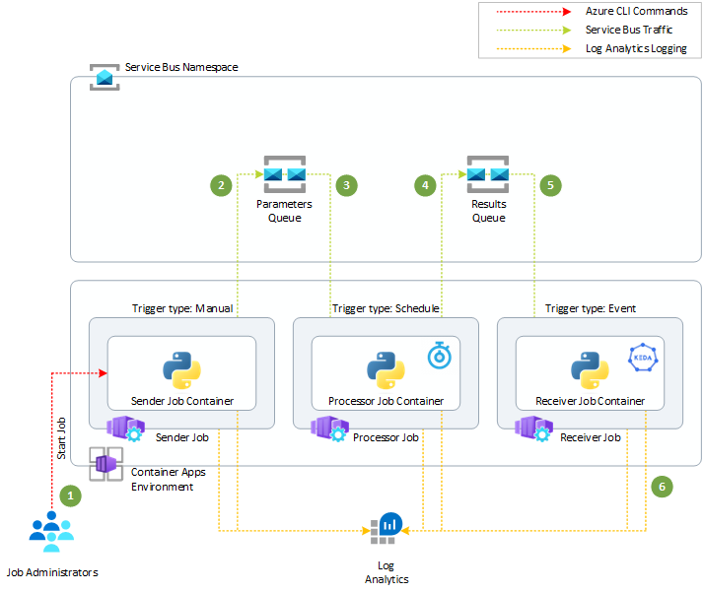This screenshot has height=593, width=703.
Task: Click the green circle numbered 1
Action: coord(69,495)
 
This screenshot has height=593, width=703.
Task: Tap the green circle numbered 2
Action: coord(222,184)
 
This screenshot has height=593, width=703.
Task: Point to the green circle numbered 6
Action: coord(662,486)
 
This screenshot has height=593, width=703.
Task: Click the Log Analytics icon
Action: coord(387,529)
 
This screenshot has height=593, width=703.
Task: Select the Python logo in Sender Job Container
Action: coord(181,370)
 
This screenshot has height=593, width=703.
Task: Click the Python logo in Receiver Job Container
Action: coord(590,370)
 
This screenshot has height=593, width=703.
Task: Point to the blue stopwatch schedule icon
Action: coord(440,355)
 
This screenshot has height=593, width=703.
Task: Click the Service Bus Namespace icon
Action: coord(105,77)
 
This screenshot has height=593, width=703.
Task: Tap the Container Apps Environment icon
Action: coord(105,464)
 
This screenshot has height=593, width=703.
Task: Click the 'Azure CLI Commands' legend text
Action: coord(637,12)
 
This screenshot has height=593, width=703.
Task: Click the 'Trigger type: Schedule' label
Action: coord(386,308)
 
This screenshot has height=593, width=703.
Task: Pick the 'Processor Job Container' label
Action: coord(386,401)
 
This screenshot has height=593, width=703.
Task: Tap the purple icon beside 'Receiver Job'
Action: coord(533,428)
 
